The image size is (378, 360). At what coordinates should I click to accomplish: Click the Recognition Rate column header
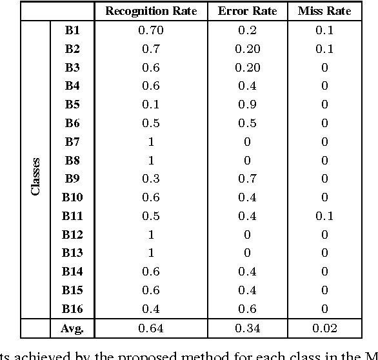(x=151, y=12)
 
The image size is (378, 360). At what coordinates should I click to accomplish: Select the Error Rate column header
(x=248, y=12)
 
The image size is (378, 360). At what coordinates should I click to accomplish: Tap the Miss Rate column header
(x=324, y=12)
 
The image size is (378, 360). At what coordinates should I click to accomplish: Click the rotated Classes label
(x=36, y=176)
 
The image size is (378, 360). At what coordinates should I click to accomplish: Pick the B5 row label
(x=72, y=105)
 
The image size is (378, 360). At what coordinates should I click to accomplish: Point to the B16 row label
(x=72, y=309)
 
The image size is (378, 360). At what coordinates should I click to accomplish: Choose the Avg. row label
(x=72, y=328)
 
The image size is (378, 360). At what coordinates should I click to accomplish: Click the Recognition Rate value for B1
(x=151, y=30)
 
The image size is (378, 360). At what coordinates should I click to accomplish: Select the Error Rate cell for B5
(x=248, y=105)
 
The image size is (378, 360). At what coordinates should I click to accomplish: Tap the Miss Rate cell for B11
(x=324, y=216)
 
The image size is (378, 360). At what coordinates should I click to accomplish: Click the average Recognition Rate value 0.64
(x=151, y=328)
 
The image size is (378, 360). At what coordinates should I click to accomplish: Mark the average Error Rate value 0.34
(x=248, y=328)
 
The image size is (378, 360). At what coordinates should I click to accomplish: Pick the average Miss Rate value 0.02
(x=324, y=328)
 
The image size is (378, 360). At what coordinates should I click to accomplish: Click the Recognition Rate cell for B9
(x=151, y=179)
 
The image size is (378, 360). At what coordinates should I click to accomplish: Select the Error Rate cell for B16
(x=248, y=309)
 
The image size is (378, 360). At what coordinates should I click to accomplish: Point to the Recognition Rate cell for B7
(x=151, y=142)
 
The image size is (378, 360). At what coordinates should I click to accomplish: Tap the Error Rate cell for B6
(x=248, y=123)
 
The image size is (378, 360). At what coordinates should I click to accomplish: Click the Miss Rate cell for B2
(x=324, y=49)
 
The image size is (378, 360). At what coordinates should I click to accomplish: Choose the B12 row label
(x=72, y=235)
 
